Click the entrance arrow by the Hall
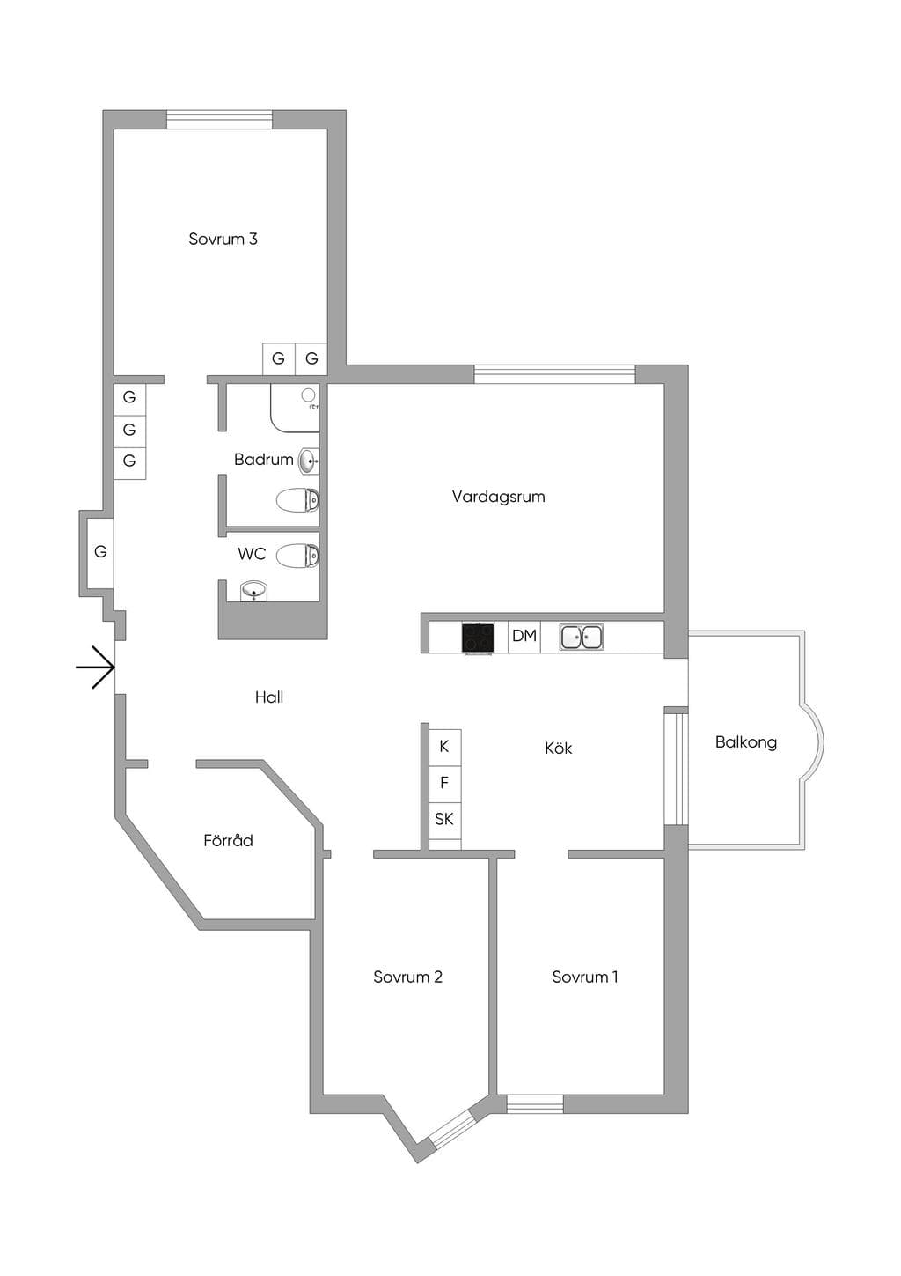(96, 667)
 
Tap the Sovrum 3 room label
(223, 239)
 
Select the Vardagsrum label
(498, 497)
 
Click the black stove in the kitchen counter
(478, 638)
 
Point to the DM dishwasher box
(524, 637)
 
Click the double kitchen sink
(581, 638)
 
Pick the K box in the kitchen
(444, 747)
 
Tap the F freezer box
(444, 783)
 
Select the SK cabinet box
(444, 820)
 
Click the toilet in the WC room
(297, 556)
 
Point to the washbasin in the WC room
(253, 591)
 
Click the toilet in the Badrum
(297, 501)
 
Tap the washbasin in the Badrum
(308, 461)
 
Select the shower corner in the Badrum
(295, 408)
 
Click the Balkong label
(745, 741)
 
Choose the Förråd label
(228, 840)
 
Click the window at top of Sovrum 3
(220, 120)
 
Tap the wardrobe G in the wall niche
(100, 551)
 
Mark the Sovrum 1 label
(584, 977)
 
